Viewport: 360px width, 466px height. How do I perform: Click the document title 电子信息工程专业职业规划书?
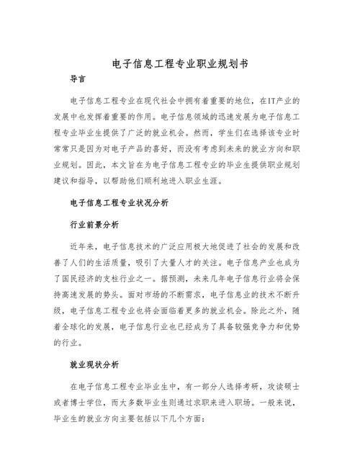tap(180, 63)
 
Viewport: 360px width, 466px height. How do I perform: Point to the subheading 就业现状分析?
tap(94, 364)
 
